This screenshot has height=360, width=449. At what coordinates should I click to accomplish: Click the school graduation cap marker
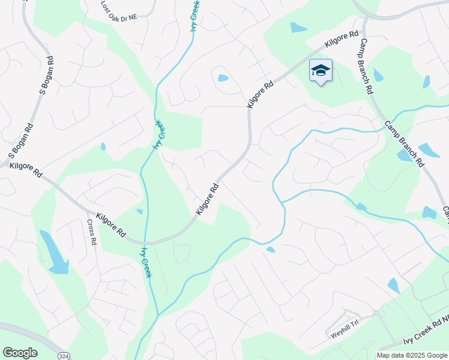click(321, 71)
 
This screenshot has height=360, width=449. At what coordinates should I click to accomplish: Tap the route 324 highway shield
click(63, 355)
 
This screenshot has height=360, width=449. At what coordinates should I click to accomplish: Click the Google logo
click(20, 353)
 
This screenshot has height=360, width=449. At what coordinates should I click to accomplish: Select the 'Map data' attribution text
click(391, 355)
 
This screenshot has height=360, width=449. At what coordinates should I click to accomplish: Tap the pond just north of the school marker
click(298, 28)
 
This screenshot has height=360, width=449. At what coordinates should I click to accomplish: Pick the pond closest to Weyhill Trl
click(394, 286)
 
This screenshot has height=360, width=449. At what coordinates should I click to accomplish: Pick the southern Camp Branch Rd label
click(405, 145)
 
